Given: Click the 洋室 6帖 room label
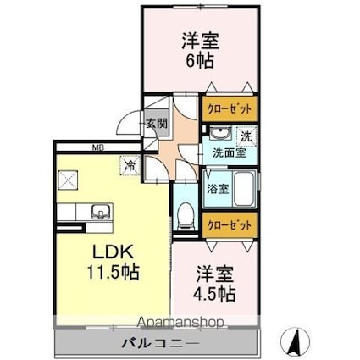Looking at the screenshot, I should pos(197,51).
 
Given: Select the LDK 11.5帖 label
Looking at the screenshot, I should pos(111,263).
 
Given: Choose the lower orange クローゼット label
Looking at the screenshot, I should pos(229,225).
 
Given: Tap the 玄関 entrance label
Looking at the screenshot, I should pos(157,125).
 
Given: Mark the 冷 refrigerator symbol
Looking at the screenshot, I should pos(130,166).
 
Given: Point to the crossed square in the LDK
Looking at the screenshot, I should pos(69,179).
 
